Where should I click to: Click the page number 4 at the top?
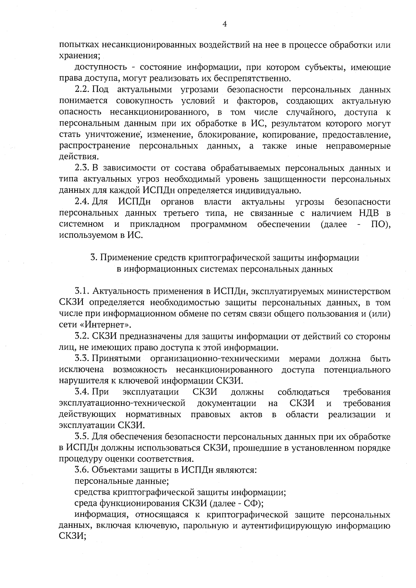coord(225,24)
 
